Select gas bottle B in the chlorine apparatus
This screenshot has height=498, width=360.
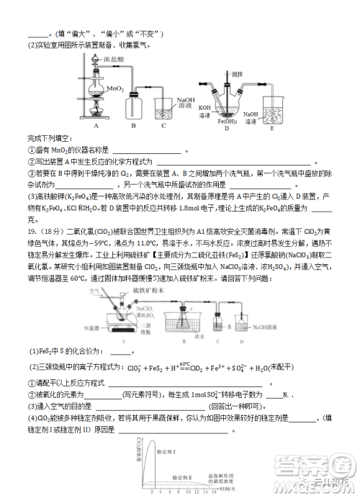pos(133,107)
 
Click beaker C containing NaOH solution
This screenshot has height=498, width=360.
pos(163,109)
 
